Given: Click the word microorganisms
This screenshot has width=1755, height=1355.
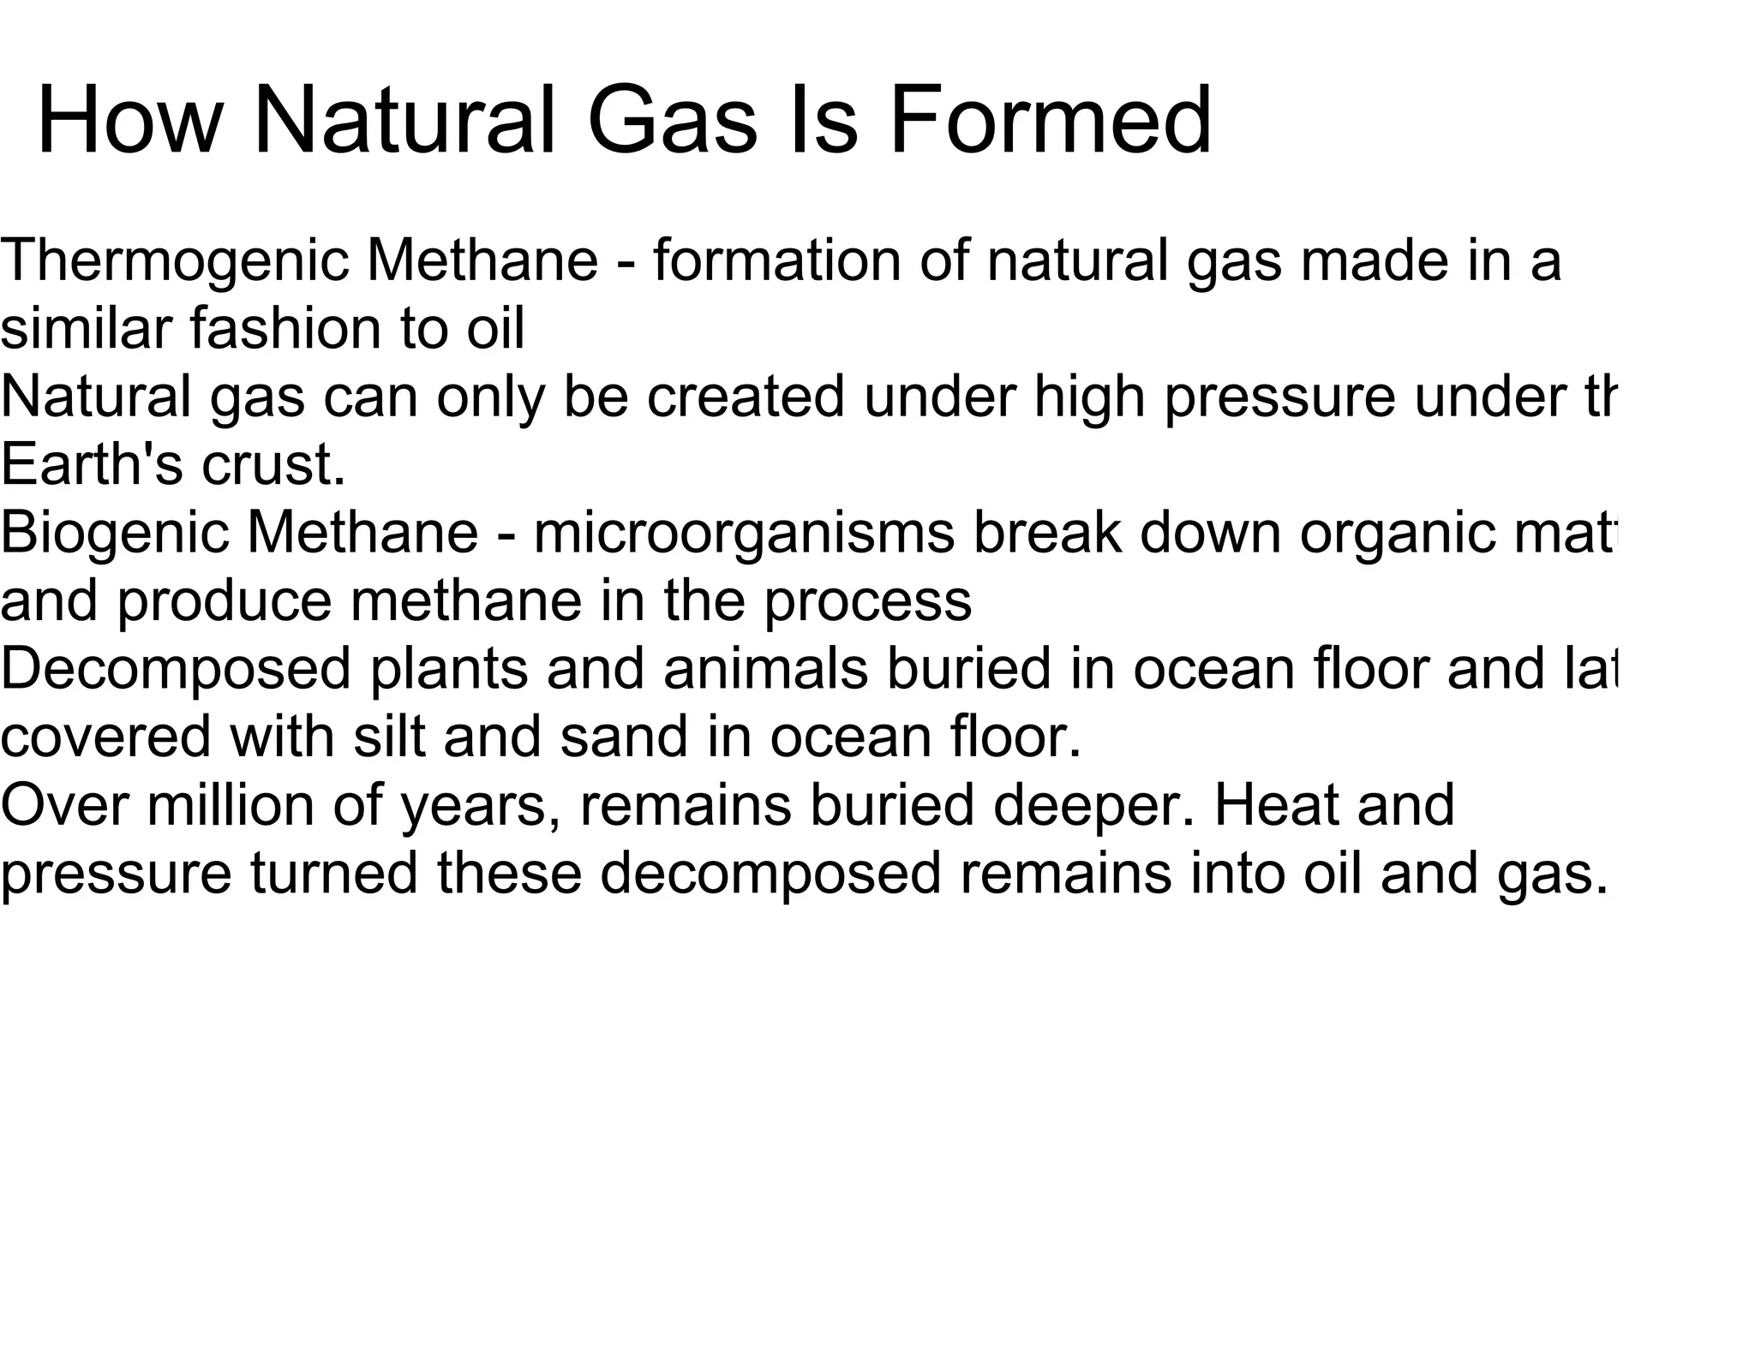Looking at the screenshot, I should [x=743, y=534].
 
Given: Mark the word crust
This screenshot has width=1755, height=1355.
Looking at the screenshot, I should [x=273, y=467].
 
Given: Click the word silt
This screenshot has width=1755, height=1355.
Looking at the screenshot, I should [x=389, y=737].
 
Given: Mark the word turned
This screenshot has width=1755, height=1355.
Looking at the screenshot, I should [x=334, y=874].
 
